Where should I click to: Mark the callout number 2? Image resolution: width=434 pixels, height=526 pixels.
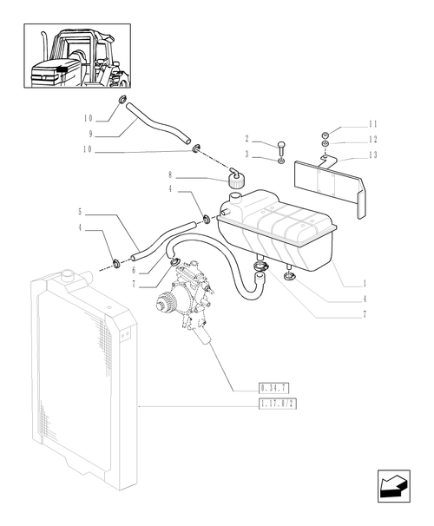pyautogui.click(x=247, y=139)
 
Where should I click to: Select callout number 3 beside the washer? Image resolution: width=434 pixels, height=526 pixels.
pyautogui.click(x=247, y=153)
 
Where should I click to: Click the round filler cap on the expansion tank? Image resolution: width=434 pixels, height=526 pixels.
pyautogui.click(x=234, y=181)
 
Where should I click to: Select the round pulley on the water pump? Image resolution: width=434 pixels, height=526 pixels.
pyautogui.click(x=165, y=306)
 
